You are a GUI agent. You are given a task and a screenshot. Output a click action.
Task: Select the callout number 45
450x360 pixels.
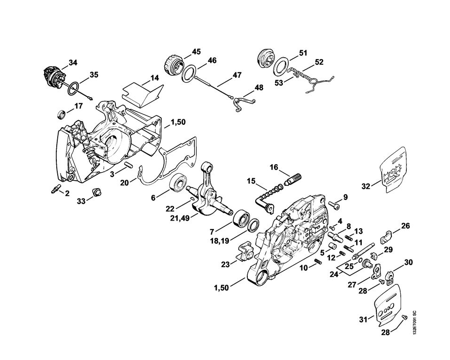[196, 51]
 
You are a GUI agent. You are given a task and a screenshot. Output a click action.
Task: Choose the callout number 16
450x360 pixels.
[274, 167]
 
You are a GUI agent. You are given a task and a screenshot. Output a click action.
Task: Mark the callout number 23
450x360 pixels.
[225, 265]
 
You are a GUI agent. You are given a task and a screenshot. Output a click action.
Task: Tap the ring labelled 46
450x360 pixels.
[190, 73]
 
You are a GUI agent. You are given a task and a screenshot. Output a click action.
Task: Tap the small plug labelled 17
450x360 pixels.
[61, 114]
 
